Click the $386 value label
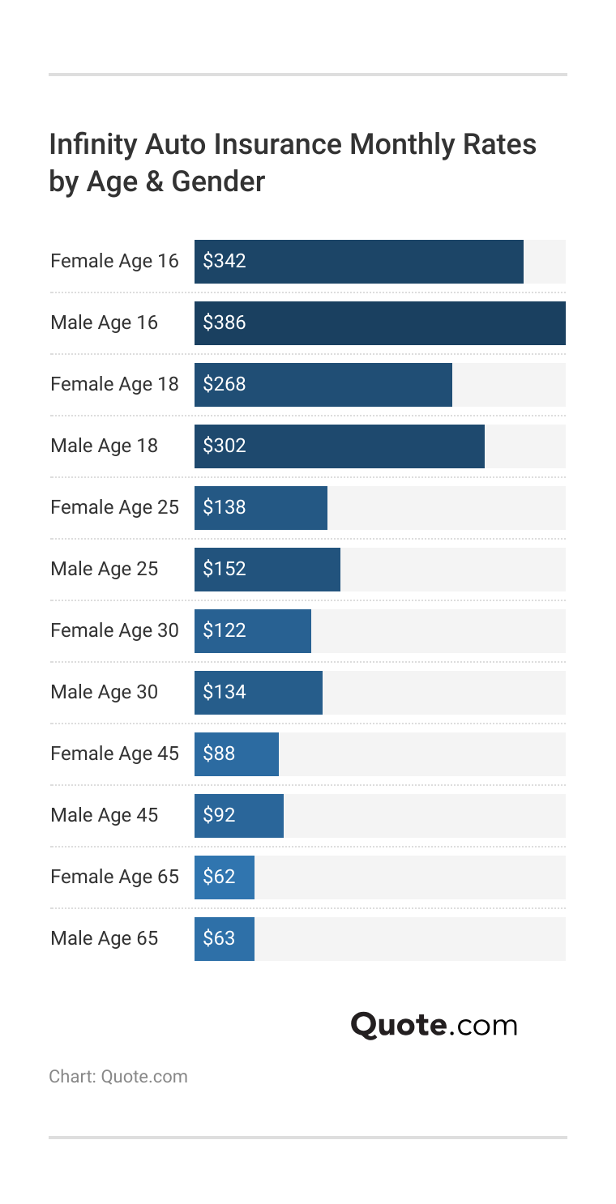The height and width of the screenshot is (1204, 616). pyautogui.click(x=224, y=323)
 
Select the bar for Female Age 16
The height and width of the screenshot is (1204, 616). pyautogui.click(x=358, y=262)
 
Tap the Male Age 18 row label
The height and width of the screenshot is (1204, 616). pyautogui.click(x=104, y=446)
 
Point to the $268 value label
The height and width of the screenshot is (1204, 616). pyautogui.click(x=224, y=385)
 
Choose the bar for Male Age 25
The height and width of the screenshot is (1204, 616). pyautogui.click(x=267, y=570)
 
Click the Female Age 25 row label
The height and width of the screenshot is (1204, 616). pyautogui.click(x=114, y=508)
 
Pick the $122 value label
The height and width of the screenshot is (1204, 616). pyautogui.click(x=224, y=631)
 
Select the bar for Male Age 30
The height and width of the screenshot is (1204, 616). pyautogui.click(x=258, y=693)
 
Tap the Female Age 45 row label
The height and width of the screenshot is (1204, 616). pyautogui.click(x=114, y=754)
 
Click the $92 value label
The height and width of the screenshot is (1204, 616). pyautogui.click(x=219, y=816)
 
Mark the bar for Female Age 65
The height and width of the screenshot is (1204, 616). pyautogui.click(x=224, y=877)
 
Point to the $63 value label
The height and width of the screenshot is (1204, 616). pyautogui.click(x=219, y=939)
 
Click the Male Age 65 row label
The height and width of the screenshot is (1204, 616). pyautogui.click(x=104, y=939)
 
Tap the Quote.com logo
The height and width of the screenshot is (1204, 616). pyautogui.click(x=434, y=1026)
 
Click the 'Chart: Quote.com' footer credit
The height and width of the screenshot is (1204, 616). pyautogui.click(x=118, y=1077)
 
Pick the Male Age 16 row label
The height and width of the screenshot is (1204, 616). pyautogui.click(x=104, y=323)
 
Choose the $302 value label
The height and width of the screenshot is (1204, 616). pyautogui.click(x=224, y=446)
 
